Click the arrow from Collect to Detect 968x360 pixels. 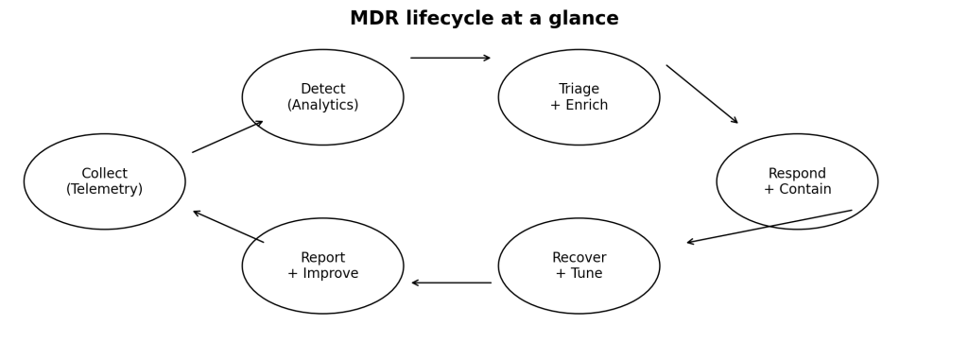(228, 136)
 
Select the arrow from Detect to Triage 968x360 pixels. (451, 58)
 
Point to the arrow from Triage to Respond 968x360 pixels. (702, 94)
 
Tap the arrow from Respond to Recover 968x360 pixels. (769, 227)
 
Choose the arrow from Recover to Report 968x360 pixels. (451, 283)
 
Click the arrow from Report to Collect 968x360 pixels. (229, 227)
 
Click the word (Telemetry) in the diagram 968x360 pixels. (104, 190)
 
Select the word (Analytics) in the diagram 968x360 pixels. (323, 106)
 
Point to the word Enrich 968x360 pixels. (587, 106)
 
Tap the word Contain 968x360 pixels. (805, 190)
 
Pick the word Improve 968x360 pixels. (331, 274)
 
